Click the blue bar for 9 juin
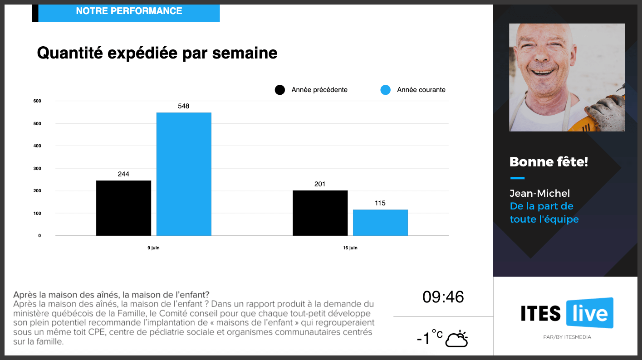[184, 174]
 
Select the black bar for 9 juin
[123, 208]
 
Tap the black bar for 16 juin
[320, 213]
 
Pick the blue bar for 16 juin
[380, 223]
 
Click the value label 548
[184, 106]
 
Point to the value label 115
[380, 203]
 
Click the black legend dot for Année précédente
[280, 90]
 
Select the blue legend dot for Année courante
[385, 90]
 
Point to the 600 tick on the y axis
[37, 101]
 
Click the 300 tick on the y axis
[37, 168]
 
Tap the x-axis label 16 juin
[350, 248]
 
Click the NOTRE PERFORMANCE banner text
[129, 11]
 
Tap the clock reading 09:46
[443, 297]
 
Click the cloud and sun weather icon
[456, 339]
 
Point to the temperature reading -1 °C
[429, 338]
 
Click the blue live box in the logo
[589, 313]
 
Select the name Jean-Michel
[539, 194]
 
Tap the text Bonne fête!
[549, 161]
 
